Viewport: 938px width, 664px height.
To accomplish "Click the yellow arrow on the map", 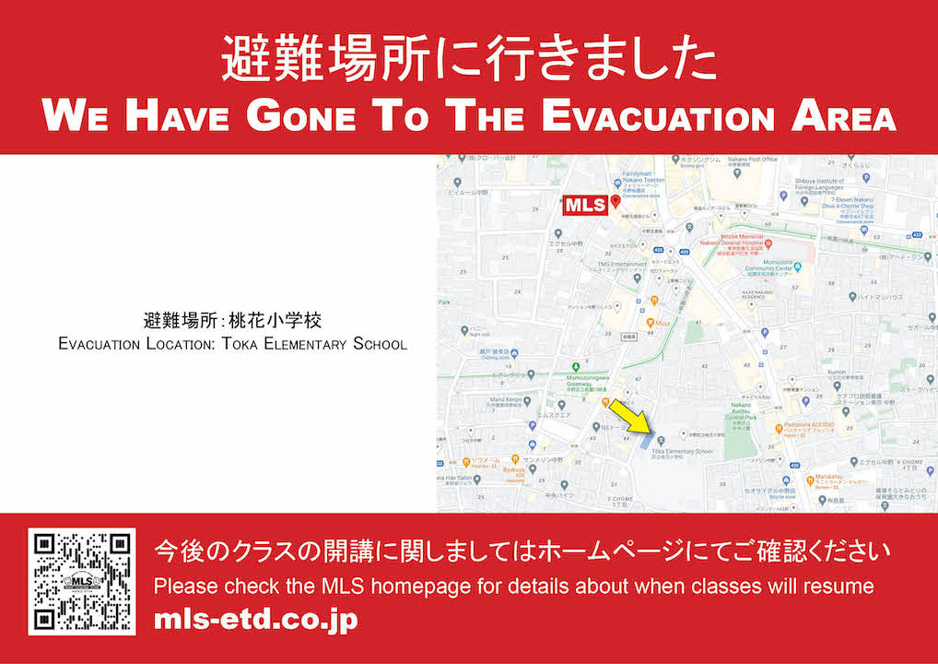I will [631, 416].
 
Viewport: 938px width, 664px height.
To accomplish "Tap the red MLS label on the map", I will [585, 205].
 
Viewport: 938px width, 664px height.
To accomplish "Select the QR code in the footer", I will [81, 581].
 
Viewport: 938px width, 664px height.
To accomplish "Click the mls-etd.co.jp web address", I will [255, 619].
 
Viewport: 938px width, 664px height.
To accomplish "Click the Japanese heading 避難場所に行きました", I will [468, 60].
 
